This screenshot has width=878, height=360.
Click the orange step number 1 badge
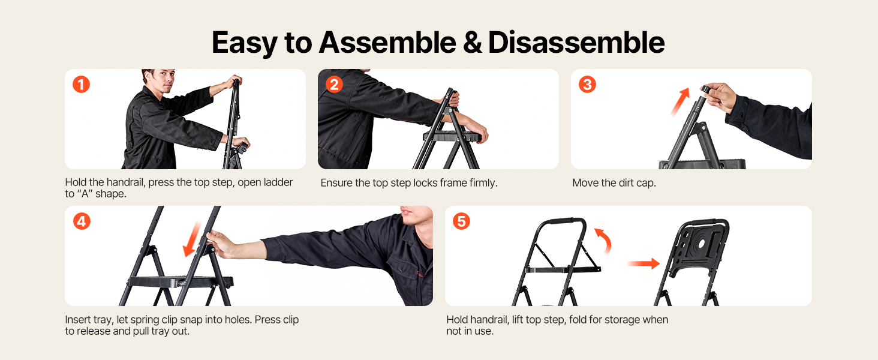81,85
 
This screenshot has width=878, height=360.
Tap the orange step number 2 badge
334,85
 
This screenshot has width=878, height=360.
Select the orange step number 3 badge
587,85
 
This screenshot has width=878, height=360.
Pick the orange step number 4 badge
82,221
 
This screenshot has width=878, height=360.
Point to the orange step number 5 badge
461,221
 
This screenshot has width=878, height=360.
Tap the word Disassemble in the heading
576,43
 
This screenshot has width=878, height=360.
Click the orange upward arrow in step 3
681,101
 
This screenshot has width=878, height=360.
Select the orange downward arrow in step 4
192,239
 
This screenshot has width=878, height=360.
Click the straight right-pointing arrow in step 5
644,263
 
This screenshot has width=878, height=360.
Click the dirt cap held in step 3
706,89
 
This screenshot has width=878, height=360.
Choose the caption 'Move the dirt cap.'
614,183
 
